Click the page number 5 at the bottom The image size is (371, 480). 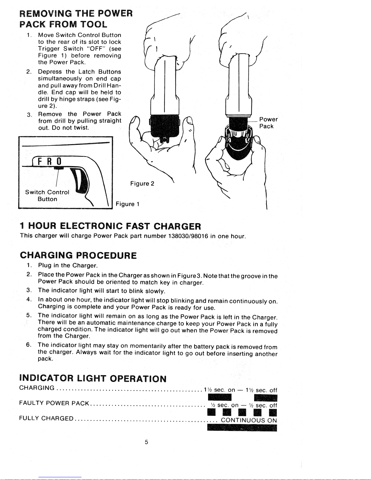point(146,442)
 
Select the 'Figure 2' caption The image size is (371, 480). point(142,184)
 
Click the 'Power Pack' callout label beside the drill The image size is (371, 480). point(268,123)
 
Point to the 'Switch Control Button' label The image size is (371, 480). point(47,196)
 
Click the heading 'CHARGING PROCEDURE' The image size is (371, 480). point(78,255)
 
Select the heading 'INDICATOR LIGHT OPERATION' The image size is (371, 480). point(93,379)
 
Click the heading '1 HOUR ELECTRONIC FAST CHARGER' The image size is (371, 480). point(110,226)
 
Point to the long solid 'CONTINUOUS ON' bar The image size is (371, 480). point(242,428)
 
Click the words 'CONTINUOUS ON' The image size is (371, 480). point(249,420)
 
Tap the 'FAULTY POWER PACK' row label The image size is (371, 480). point(54,403)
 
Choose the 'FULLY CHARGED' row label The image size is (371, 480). point(46,419)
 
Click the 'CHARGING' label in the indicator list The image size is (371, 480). point(37,388)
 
